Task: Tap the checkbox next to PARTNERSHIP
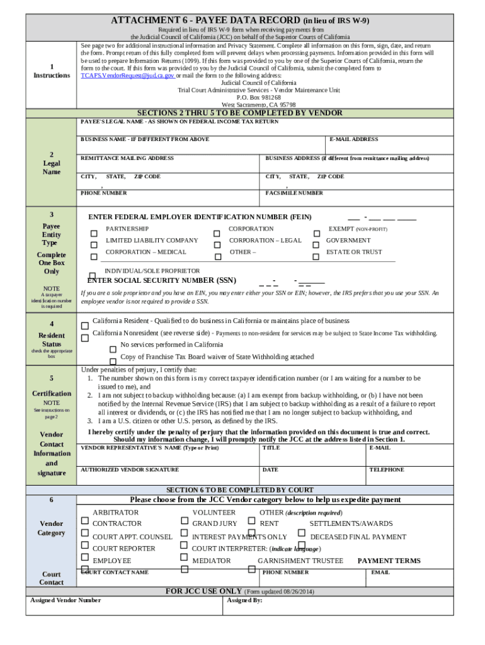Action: [94, 233]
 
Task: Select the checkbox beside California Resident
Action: [84, 325]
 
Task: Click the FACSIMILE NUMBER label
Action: [294, 193]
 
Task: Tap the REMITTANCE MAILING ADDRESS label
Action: [127, 158]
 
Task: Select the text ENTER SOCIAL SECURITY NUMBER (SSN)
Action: [161, 280]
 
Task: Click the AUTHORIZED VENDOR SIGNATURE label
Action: [130, 469]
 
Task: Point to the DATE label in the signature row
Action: [270, 469]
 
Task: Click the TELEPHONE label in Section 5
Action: [387, 469]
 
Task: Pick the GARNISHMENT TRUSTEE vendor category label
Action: [300, 561]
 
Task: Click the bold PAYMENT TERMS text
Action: [389, 561]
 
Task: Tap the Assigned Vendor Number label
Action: [66, 600]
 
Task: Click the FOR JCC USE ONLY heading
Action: [203, 591]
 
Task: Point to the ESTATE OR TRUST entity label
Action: [353, 252]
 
